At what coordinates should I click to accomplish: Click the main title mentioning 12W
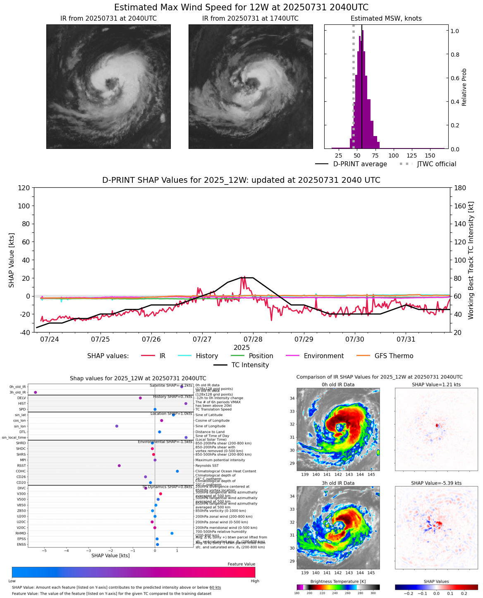241,7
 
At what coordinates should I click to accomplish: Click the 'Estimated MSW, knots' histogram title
386,19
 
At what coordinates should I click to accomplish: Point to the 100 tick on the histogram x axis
394,155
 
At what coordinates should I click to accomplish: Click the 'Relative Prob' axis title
464,87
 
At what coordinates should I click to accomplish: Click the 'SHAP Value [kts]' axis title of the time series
12,260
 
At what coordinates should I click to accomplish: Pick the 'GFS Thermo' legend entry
394,356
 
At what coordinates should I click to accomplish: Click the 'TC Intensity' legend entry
250,365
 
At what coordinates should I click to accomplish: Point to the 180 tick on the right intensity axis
459,188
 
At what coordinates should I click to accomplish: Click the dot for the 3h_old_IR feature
36,392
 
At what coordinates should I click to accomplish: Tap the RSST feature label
21,466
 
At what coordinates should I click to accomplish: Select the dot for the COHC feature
177,471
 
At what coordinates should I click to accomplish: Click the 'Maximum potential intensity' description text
220,460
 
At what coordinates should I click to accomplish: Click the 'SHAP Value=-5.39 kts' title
436,483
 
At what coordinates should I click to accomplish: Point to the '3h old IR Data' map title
338,483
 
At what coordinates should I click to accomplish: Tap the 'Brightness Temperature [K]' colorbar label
338,581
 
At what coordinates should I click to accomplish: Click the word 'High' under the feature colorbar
255,581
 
